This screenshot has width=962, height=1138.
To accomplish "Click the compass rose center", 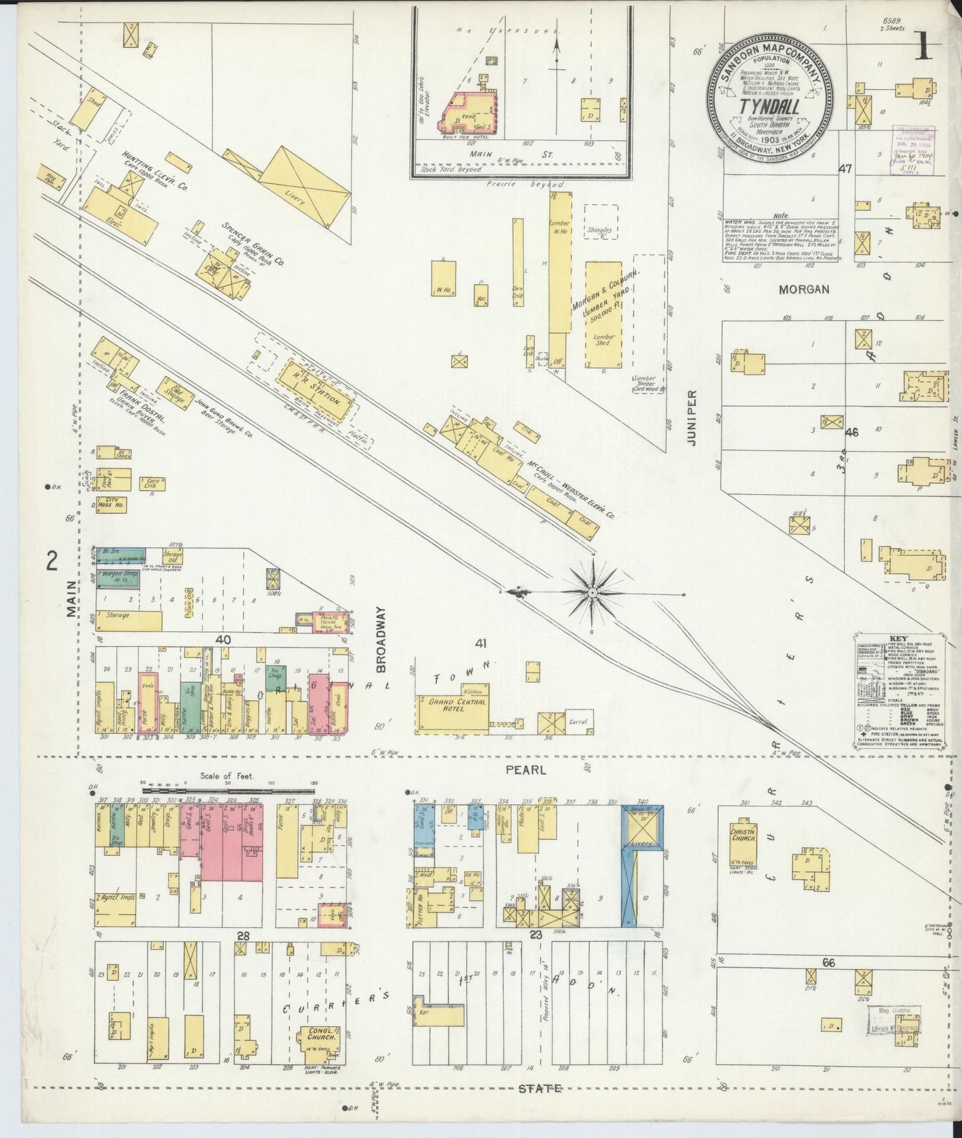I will (x=592, y=592).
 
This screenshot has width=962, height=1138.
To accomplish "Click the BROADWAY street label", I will (x=381, y=639).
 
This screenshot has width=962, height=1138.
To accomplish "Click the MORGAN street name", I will (x=805, y=289).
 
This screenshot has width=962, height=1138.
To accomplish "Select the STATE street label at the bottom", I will (x=539, y=1089).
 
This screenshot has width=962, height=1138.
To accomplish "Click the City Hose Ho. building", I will (x=111, y=504).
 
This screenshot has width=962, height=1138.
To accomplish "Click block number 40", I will (x=222, y=639).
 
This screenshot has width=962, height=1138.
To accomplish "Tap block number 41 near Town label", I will (x=482, y=644).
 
